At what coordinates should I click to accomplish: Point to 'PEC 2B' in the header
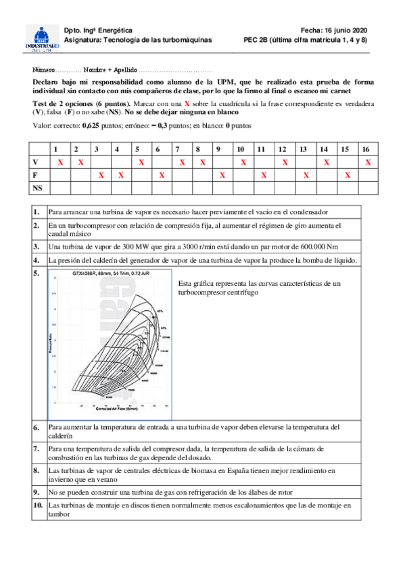click(256, 40)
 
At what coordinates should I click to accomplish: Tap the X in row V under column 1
click(60, 162)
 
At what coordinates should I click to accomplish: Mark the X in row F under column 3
click(101, 175)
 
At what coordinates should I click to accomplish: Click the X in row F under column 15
click(347, 175)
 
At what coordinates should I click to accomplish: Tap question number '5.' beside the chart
click(37, 273)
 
